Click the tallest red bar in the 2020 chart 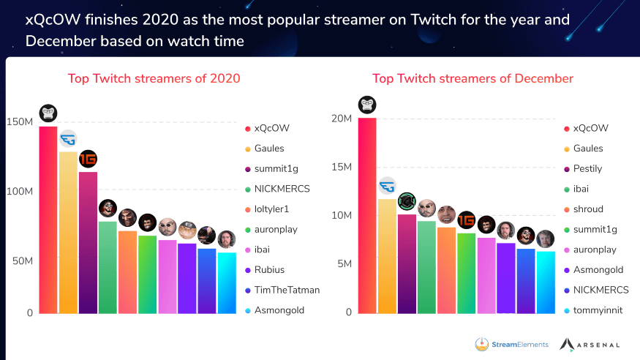pyautogui.click(x=48, y=220)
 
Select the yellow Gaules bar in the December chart pyautogui.click(x=387, y=256)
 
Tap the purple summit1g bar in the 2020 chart pyautogui.click(x=88, y=242)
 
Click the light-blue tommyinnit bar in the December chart pyautogui.click(x=546, y=282)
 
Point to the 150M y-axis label pyautogui.click(x=19, y=121)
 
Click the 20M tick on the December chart pyautogui.click(x=342, y=119)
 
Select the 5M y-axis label pyautogui.click(x=344, y=263)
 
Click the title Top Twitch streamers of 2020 pyautogui.click(x=154, y=78)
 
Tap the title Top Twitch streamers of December pyautogui.click(x=473, y=78)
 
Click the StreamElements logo pyautogui.click(x=511, y=344)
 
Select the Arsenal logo pyautogui.click(x=590, y=344)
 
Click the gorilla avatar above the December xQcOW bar pyautogui.click(x=367, y=105)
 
